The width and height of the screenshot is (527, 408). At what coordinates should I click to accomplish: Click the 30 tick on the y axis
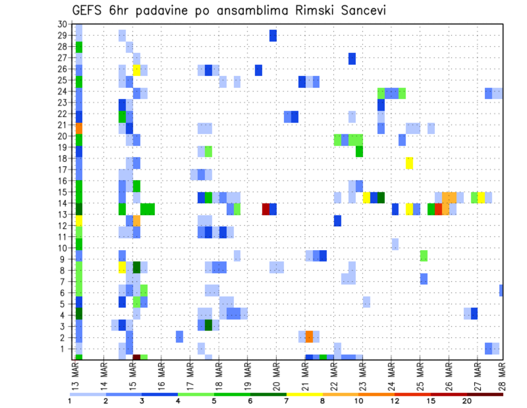pos(62,24)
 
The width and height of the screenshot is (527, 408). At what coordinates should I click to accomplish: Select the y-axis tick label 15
pos(62,192)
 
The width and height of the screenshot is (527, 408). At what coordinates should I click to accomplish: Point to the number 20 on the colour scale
pos(467,401)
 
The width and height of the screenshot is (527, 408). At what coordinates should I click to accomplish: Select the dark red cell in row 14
pos(266,209)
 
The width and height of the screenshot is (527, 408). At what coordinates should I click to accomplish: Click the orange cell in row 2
pos(309,337)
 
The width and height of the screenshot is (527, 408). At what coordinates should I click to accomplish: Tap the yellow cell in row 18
pos(410,163)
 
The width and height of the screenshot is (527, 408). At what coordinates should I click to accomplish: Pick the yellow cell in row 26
pos(137,70)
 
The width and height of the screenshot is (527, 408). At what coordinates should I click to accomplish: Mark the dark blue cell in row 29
pos(273,36)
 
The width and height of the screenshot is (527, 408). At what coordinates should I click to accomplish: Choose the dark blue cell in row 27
pos(352,58)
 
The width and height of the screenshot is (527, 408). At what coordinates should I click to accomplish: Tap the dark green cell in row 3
pos(209,325)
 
